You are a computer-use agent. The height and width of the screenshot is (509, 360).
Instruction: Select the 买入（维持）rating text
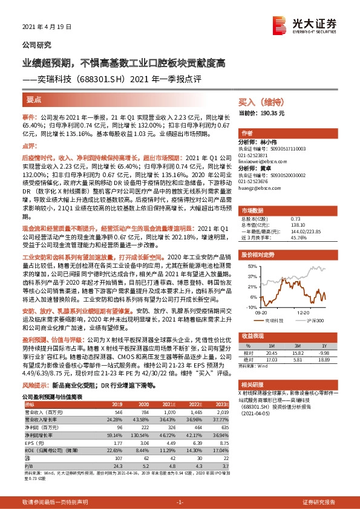(x=257, y=102)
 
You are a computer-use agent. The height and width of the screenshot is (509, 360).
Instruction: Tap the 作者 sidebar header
(x=247, y=133)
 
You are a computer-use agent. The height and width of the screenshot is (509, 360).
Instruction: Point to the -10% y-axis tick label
(x=249, y=307)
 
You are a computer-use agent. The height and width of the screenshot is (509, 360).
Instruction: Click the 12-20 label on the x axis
(x=303, y=313)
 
